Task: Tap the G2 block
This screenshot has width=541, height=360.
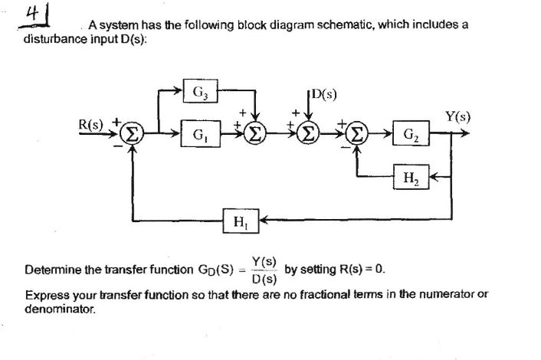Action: [410, 136]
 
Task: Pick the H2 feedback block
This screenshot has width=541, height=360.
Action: [410, 178]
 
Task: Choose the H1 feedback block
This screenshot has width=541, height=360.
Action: [239, 222]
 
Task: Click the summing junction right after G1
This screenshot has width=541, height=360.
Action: [256, 135]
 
